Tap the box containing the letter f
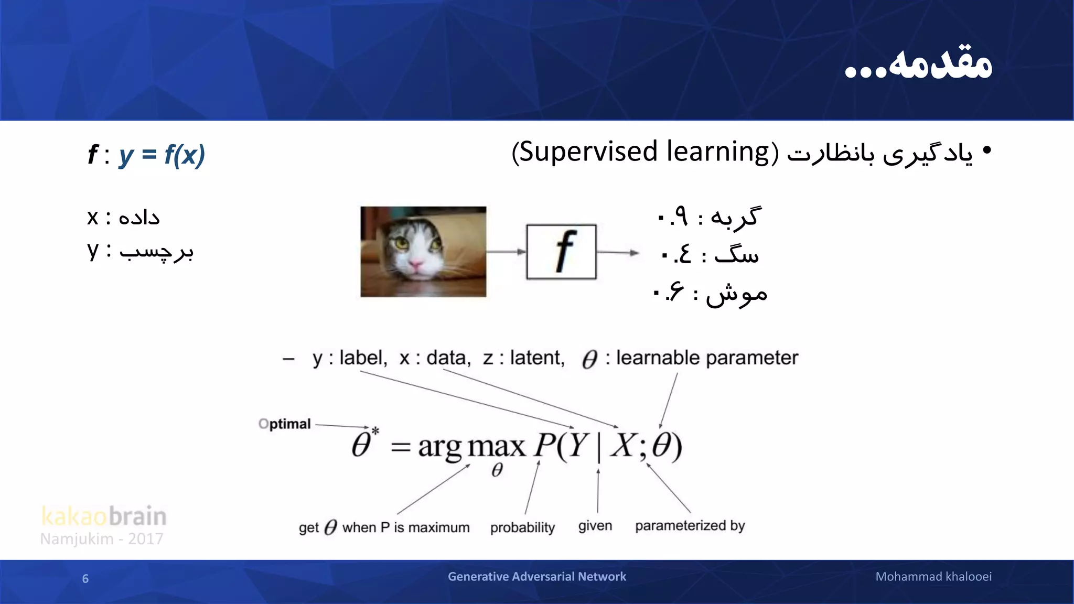[x=561, y=252]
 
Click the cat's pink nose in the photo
[x=415, y=265]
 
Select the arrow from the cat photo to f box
[x=506, y=252]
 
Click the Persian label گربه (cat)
[x=734, y=217]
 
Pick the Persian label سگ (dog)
[x=736, y=255]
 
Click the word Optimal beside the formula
[x=285, y=424]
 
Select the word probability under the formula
[x=522, y=527]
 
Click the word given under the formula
[x=595, y=526]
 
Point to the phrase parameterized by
[x=690, y=526]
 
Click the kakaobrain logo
[x=104, y=516]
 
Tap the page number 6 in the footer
[x=85, y=578]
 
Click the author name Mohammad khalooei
[x=933, y=577]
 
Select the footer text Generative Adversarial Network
[x=536, y=577]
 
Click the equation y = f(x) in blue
[x=162, y=155]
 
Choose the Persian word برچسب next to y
[x=156, y=252]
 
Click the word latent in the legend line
[x=537, y=358]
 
